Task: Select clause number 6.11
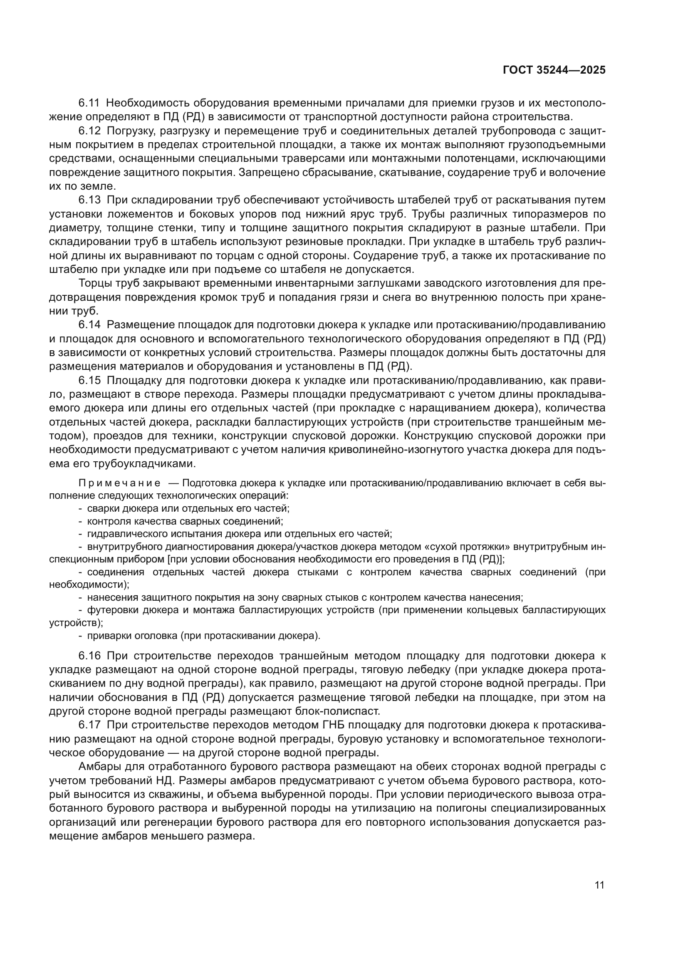pos(89,103)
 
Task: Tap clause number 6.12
pos(89,131)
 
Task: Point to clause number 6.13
pos(89,200)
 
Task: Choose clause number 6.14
pos(89,325)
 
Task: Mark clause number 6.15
pos(89,381)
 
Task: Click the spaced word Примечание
pos(119,483)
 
